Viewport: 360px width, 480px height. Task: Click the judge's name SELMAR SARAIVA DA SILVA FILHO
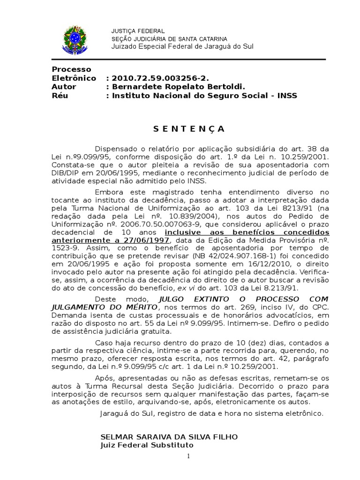pyautogui.click(x=169, y=437)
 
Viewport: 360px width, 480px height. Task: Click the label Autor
pyautogui.click(x=64, y=87)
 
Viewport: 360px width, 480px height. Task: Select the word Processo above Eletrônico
pyautogui.click(x=71, y=69)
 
